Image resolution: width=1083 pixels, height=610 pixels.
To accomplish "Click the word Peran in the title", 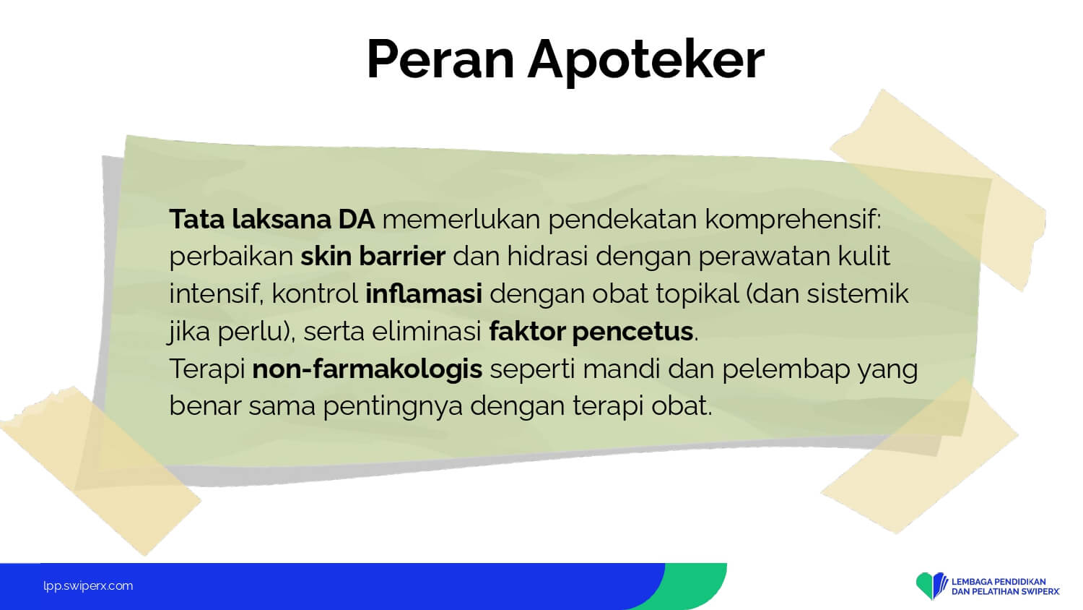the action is click(440, 59).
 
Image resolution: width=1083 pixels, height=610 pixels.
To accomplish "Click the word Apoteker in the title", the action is click(646, 62).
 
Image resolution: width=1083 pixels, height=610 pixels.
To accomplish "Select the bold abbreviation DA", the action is click(357, 219).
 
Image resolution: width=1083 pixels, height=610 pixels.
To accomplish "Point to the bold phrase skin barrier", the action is click(373, 256).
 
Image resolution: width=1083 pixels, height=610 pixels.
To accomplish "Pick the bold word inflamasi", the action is click(424, 293).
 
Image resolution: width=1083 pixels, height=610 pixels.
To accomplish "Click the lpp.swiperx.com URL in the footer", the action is click(88, 586).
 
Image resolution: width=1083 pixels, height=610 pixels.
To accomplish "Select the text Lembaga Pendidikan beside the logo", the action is click(999, 581).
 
